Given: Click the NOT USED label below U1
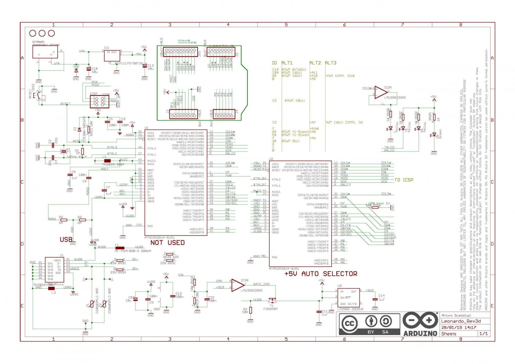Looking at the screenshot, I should coord(167,243).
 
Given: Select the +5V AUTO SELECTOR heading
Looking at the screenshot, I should coord(321,274).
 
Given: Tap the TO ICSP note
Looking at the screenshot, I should coord(404,180).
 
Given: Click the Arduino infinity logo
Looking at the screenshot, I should coord(420,321).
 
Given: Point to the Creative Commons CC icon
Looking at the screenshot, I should coord(349,324).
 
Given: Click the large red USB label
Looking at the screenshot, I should coord(66,239).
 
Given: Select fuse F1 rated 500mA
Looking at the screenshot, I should coord(120,248).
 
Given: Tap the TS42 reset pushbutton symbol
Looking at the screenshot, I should coord(39,95).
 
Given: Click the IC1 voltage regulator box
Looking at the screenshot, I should coord(112,56).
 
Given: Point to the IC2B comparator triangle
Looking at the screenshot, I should coord(238,285).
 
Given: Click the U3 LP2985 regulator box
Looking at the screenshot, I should coord(348,297).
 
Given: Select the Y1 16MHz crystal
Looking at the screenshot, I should coord(64,152).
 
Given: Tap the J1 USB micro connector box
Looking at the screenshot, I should coord(54,270).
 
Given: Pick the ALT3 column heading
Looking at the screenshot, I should coord(330,63).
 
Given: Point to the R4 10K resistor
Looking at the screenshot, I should coord(250,310).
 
